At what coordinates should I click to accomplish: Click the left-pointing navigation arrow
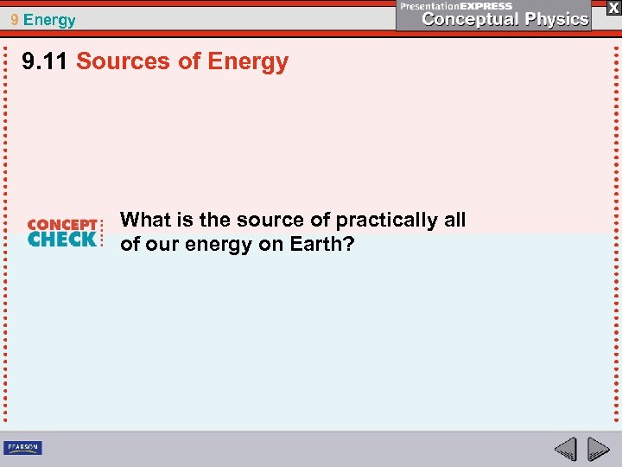566,449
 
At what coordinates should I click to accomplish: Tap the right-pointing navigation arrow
598,449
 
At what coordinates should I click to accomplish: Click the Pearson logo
22,448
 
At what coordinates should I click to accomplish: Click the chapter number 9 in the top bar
15,19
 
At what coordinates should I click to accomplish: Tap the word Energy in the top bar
50,20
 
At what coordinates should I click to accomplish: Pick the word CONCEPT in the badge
62,225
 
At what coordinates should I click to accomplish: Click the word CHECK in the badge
62,240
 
